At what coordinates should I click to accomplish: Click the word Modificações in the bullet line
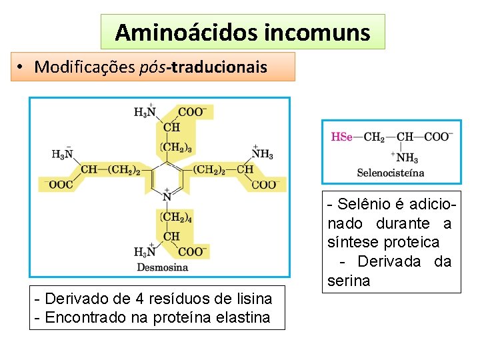point(85,67)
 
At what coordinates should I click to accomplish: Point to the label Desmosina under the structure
point(163,267)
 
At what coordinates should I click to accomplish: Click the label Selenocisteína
point(391,173)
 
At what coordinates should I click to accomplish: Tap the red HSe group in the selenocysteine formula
point(342,137)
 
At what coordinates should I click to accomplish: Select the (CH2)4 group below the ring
point(177,217)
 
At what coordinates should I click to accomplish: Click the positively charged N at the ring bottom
point(167,197)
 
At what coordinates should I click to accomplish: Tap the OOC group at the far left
point(60,185)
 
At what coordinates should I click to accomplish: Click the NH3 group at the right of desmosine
point(262,155)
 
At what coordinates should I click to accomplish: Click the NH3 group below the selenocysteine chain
point(407,158)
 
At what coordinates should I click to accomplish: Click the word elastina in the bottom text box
point(244,317)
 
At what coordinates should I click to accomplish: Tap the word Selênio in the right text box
point(366,204)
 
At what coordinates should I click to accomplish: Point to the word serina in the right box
point(348,281)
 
